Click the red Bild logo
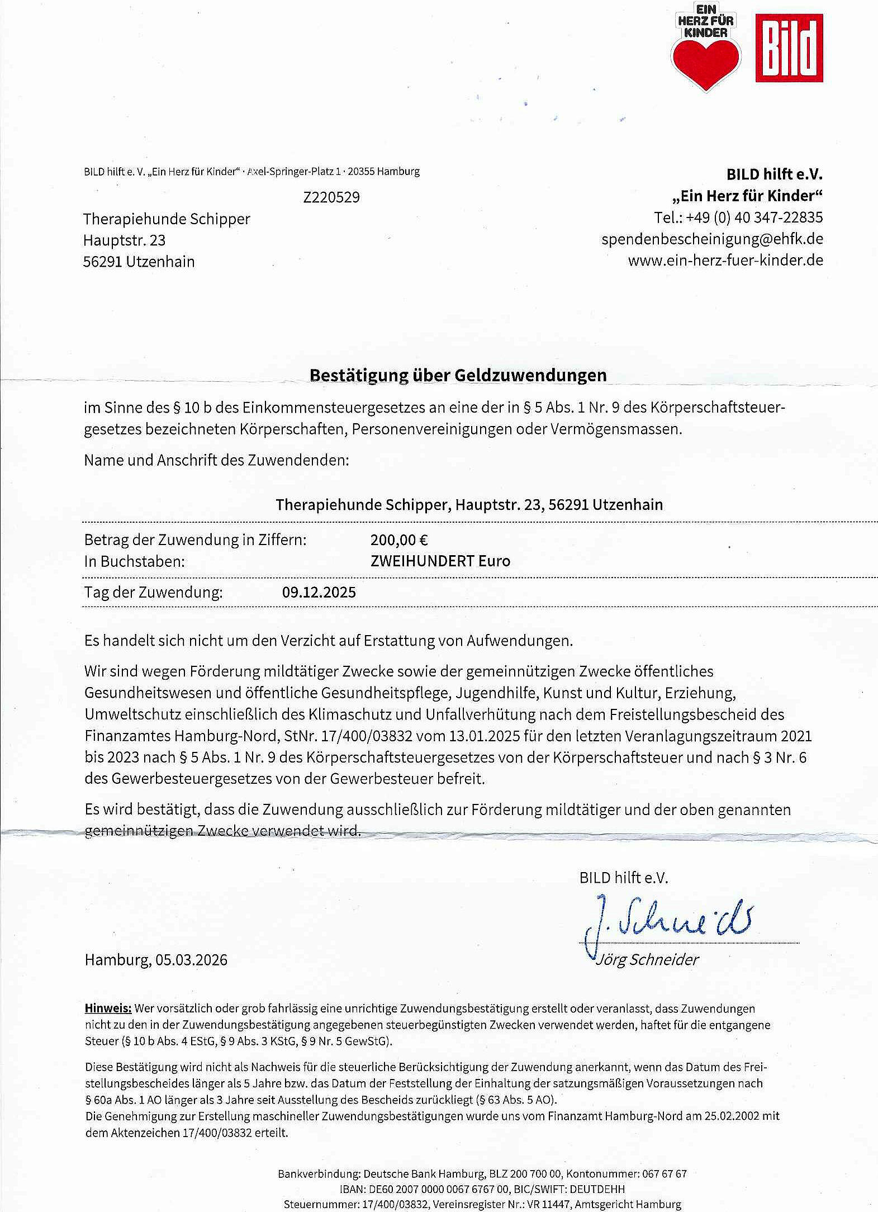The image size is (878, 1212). [x=789, y=48]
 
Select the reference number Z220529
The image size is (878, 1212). [x=331, y=197]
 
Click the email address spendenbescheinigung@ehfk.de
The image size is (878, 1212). [x=712, y=239]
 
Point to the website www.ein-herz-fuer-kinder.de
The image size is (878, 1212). [x=725, y=261]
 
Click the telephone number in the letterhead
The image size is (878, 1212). [x=754, y=217]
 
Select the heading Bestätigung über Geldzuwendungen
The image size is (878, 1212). [x=458, y=375]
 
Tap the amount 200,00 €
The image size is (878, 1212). [x=399, y=540]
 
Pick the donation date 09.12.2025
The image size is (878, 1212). [x=319, y=593]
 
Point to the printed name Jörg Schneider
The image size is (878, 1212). [x=647, y=960]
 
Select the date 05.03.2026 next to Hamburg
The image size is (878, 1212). [x=192, y=960]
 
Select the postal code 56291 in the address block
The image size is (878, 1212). [x=102, y=262]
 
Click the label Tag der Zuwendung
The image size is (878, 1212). [x=153, y=593]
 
